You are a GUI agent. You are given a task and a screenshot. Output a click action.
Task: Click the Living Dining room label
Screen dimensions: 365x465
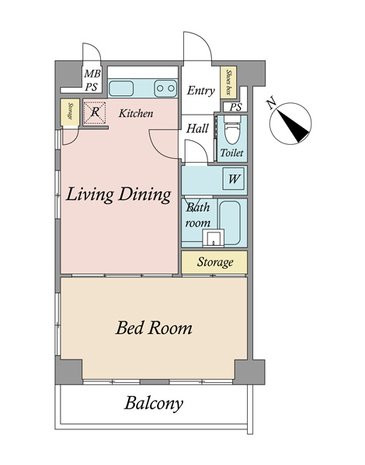point(118,195)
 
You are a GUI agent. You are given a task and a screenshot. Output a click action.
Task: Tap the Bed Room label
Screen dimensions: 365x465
point(154,328)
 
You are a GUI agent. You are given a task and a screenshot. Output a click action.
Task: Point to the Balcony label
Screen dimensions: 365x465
point(153,404)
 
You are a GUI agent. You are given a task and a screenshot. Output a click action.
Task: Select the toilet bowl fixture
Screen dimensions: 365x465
point(232,131)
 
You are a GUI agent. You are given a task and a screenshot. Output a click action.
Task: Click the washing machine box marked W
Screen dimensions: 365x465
point(234,179)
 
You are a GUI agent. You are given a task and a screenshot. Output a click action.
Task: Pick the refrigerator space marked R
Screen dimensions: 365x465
point(95,112)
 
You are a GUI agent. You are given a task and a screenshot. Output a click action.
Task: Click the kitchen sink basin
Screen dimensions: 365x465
point(121,88)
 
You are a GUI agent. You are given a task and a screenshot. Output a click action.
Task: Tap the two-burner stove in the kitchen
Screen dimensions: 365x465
point(165,88)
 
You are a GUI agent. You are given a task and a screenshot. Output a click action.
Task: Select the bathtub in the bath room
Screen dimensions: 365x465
point(229,222)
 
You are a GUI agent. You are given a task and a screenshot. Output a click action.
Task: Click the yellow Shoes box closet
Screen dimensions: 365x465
point(228,82)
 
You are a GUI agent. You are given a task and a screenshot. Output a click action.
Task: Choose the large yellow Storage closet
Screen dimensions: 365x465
point(214,262)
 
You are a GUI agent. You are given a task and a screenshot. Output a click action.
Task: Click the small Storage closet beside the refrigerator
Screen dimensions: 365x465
point(70,112)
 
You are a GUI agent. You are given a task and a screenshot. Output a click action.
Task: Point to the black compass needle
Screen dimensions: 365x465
point(293,125)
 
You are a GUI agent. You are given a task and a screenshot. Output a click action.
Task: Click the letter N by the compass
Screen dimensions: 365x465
point(271,104)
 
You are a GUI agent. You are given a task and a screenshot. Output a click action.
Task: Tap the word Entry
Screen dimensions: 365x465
point(201,91)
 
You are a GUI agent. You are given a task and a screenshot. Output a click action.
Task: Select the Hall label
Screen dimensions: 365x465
point(197,129)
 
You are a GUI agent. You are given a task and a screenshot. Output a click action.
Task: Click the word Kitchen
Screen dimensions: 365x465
point(136,113)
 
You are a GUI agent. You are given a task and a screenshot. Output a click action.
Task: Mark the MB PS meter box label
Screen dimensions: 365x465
point(92,80)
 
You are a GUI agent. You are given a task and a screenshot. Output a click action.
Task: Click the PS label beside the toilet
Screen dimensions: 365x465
point(235,107)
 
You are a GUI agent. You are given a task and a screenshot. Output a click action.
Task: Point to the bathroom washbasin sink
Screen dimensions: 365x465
point(213,238)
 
